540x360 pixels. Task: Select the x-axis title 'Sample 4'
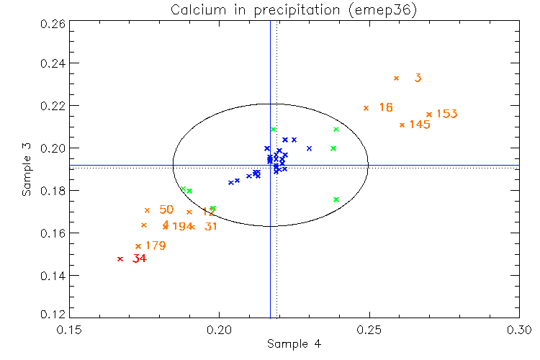[294, 343]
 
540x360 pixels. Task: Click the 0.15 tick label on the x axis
[69, 328]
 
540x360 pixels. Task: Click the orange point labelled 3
[396, 78]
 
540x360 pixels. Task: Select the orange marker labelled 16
[366, 108]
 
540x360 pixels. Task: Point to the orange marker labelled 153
[429, 114]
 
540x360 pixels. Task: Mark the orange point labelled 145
[402, 125]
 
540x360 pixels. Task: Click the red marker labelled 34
[120, 259]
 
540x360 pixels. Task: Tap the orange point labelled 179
[138, 246]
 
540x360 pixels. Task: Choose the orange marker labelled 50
[147, 210]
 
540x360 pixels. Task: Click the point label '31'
[211, 227]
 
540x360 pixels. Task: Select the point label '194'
[183, 227]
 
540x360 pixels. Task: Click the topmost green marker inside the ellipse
[273, 130]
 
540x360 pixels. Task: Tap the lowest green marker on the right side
[336, 199]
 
